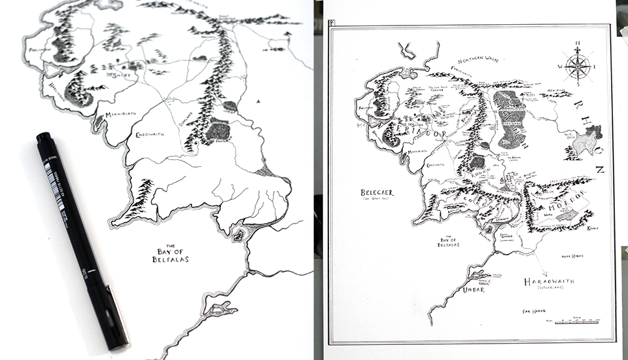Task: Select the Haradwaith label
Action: (x=549, y=281)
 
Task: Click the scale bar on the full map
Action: (x=576, y=321)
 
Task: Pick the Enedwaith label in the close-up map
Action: (x=149, y=134)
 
